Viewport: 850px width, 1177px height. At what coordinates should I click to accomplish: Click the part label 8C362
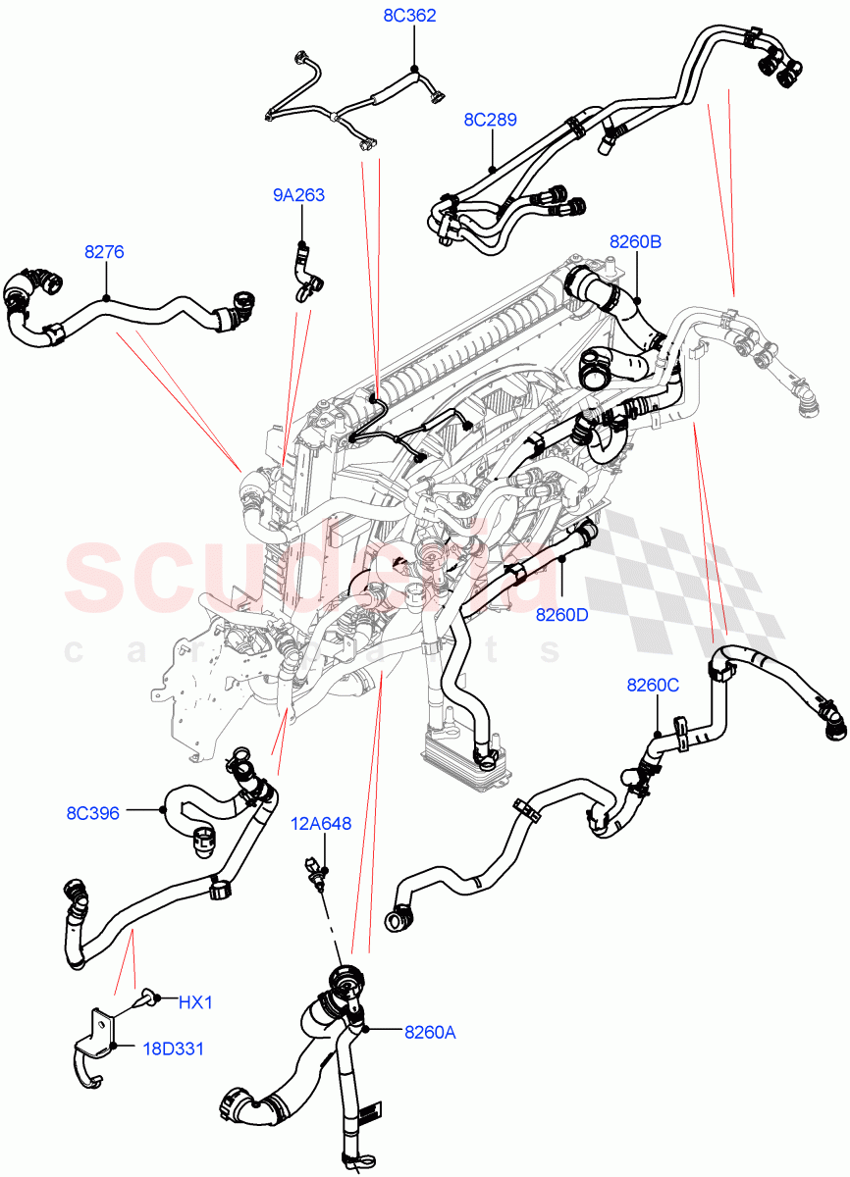click(409, 16)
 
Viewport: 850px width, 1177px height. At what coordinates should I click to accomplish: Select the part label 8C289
click(490, 120)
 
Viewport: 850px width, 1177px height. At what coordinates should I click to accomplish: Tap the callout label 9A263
click(298, 195)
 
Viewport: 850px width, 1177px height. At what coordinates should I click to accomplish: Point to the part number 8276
click(103, 252)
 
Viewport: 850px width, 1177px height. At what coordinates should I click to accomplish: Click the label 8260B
click(635, 241)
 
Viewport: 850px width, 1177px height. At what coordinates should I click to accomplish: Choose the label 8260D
click(561, 615)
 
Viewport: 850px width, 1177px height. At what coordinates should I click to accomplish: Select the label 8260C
click(653, 685)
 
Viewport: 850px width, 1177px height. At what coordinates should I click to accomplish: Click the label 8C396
click(93, 813)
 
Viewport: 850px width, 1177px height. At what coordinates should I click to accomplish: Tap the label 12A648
click(320, 825)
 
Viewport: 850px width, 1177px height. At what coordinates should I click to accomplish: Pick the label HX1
click(195, 1002)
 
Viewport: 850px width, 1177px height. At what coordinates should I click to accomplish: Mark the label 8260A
click(429, 1031)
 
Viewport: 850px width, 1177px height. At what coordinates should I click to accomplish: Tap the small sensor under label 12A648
click(316, 873)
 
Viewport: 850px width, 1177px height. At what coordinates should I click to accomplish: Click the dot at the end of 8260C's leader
click(657, 733)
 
